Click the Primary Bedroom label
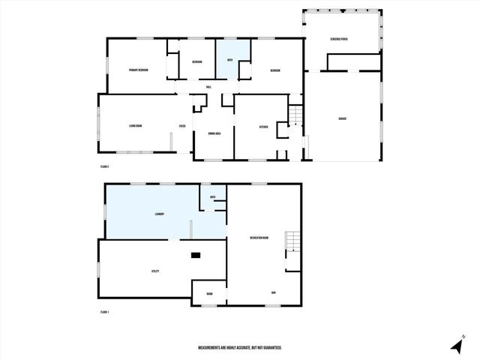(x=137, y=70)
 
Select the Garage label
(x=342, y=118)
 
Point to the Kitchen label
(x=263, y=127)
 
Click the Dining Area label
(x=213, y=133)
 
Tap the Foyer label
(x=181, y=126)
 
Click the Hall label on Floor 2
(x=208, y=87)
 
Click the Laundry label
(x=159, y=214)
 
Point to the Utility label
(x=155, y=271)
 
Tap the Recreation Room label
(x=260, y=238)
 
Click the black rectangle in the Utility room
(x=196, y=255)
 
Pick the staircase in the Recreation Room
(x=291, y=242)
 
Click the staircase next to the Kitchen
(x=296, y=115)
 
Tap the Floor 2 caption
(x=104, y=166)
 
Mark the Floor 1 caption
(x=104, y=311)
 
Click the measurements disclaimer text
(x=239, y=348)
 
